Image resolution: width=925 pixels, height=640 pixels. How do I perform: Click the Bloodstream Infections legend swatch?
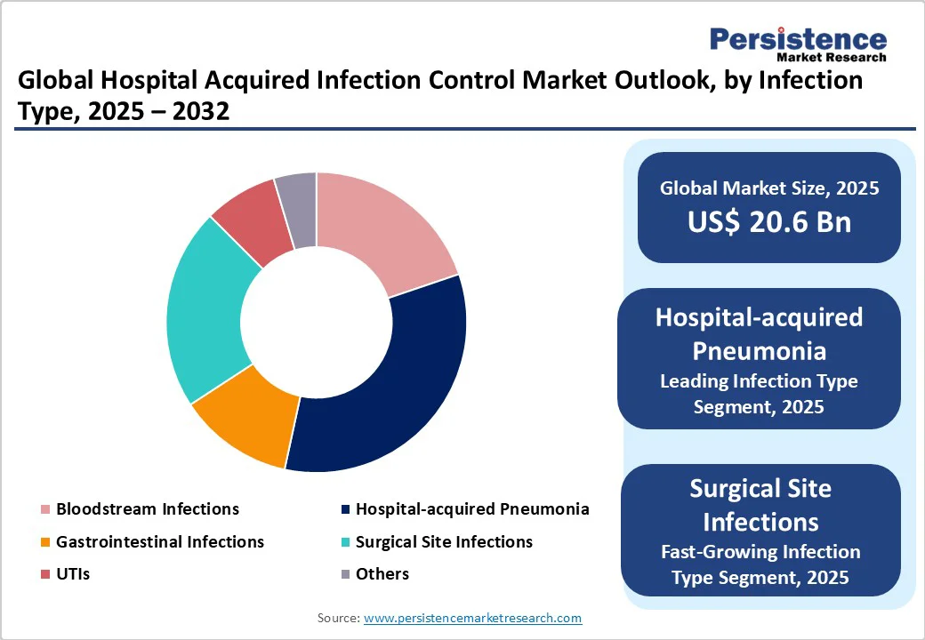click(45, 509)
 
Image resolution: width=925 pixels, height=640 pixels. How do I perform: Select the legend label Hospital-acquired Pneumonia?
click(472, 509)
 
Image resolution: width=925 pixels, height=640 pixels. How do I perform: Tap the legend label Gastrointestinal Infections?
click(160, 541)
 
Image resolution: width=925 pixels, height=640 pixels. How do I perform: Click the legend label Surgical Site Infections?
click(444, 541)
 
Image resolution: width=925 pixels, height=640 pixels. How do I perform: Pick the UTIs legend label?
click(73, 574)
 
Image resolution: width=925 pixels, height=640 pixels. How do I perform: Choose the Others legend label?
click(382, 574)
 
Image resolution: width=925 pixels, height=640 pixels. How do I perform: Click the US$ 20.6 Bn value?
click(769, 222)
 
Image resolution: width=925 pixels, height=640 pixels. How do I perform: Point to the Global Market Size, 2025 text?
click(769, 188)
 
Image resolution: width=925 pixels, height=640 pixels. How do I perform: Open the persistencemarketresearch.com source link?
click(472, 618)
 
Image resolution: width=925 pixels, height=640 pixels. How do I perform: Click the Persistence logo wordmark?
click(798, 39)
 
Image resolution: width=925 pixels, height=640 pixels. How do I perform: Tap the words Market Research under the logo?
click(832, 57)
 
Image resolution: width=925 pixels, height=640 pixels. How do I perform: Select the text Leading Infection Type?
click(759, 381)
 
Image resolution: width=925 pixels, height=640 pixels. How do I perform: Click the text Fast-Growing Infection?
click(760, 552)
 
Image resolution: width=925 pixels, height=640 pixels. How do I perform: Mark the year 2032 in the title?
click(201, 111)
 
